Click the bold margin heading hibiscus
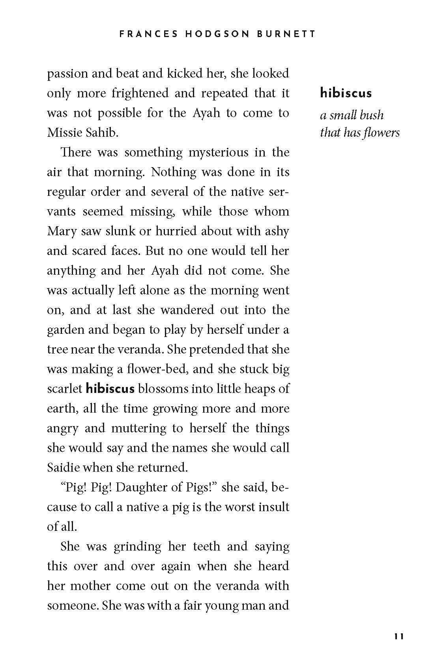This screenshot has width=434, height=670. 346,93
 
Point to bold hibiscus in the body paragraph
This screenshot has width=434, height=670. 110,389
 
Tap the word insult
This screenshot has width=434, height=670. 273,507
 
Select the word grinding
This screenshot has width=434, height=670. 137,547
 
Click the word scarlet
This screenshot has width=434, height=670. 64,389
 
